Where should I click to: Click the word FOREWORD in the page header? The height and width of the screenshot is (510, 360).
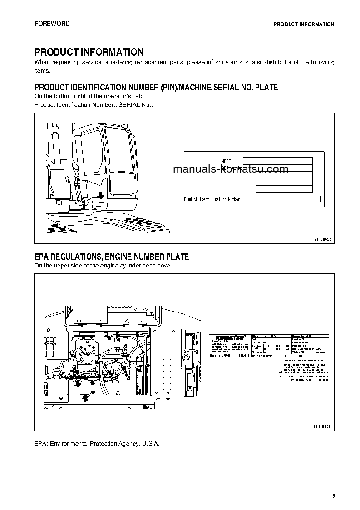(x=52, y=24)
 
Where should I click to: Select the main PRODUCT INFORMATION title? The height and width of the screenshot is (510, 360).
(x=89, y=52)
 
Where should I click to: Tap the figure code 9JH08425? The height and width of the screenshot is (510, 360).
(x=323, y=238)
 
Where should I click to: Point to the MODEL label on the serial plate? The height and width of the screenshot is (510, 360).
(x=227, y=161)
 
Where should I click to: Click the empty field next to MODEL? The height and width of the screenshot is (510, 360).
(x=277, y=161)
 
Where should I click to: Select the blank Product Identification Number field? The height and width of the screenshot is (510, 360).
(x=280, y=199)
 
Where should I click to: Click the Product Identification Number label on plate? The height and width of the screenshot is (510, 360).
(x=212, y=199)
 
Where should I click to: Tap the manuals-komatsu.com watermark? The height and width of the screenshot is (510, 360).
(x=231, y=169)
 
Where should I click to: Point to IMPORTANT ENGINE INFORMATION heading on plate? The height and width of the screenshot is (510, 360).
(x=302, y=361)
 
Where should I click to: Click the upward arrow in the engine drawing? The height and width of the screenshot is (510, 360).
(x=84, y=397)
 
